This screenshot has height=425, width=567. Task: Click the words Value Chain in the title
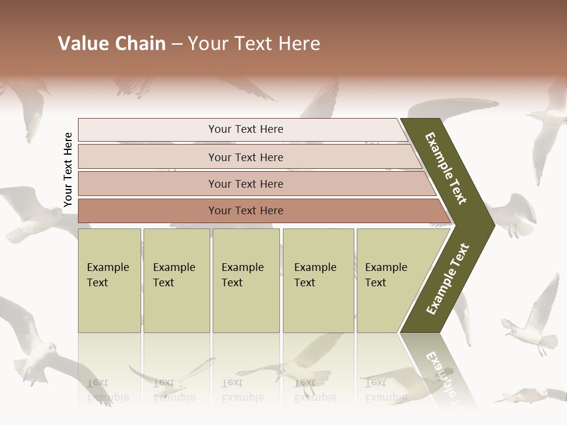coord(112,44)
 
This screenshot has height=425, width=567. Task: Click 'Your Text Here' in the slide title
coord(254,44)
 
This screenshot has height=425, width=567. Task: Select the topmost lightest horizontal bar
coord(245,129)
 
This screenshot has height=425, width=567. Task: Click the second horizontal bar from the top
coord(245,157)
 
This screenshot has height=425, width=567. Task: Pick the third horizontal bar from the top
coord(245,184)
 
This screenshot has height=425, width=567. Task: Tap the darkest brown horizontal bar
coord(245,211)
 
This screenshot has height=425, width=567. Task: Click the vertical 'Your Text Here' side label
coord(69,170)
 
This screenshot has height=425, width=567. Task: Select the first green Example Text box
coord(109,280)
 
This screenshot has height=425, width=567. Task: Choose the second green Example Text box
coord(176,280)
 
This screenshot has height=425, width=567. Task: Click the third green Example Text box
coord(246,280)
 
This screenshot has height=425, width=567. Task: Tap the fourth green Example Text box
coord(318,280)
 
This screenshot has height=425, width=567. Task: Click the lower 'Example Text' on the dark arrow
coord(448,279)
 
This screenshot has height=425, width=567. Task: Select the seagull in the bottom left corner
coord(35,348)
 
